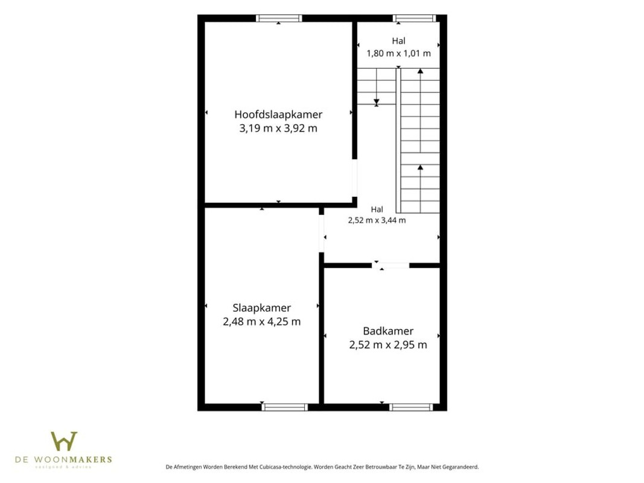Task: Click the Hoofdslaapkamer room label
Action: pyautogui.click(x=278, y=114)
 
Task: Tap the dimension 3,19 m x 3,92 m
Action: pyautogui.click(x=278, y=128)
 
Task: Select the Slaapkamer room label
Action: pyautogui.click(x=261, y=308)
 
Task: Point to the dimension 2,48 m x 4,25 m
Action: pyautogui.click(x=261, y=322)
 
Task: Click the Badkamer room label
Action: pyautogui.click(x=388, y=331)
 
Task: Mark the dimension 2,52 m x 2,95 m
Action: pyautogui.click(x=388, y=345)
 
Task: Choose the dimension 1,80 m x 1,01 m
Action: pyautogui.click(x=398, y=53)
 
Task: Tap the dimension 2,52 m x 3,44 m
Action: pyautogui.click(x=377, y=220)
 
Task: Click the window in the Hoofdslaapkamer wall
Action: pyautogui.click(x=279, y=18)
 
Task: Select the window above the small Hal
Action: pyautogui.click(x=414, y=18)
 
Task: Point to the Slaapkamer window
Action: pyautogui.click(x=285, y=407)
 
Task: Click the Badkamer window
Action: pyautogui.click(x=410, y=407)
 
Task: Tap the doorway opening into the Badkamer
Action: pyautogui.click(x=391, y=265)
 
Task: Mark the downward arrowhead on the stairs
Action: pyautogui.click(x=376, y=102)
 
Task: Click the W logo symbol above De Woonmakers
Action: pyautogui.click(x=63, y=441)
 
